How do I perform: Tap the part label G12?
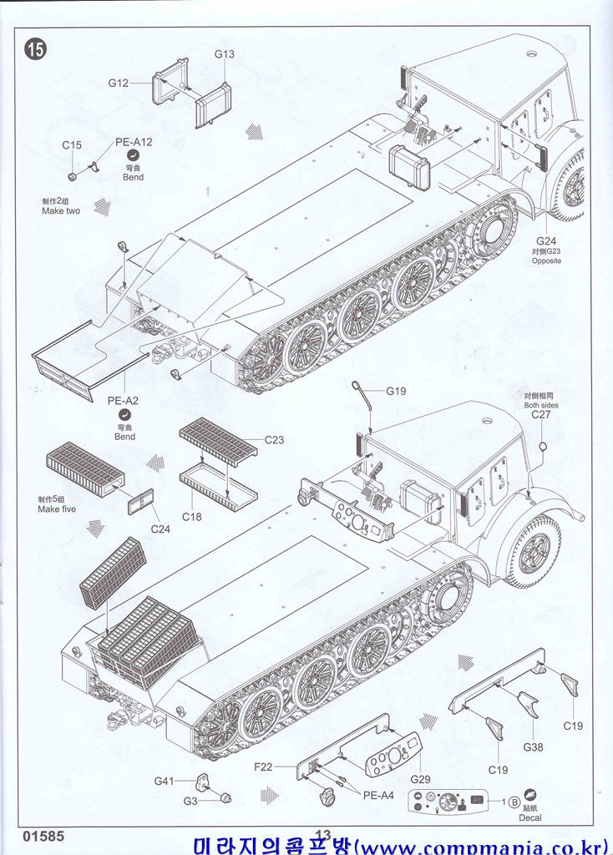[118, 83]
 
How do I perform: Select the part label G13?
[224, 54]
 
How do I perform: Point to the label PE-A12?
[134, 142]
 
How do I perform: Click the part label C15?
[72, 145]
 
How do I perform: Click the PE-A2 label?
[123, 400]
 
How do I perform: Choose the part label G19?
[396, 391]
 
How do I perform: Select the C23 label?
[274, 440]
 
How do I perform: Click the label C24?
[160, 528]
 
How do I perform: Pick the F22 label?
[264, 766]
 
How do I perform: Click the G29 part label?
[420, 779]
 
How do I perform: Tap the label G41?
[164, 782]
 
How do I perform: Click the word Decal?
[529, 817]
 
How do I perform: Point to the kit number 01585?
[43, 835]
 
